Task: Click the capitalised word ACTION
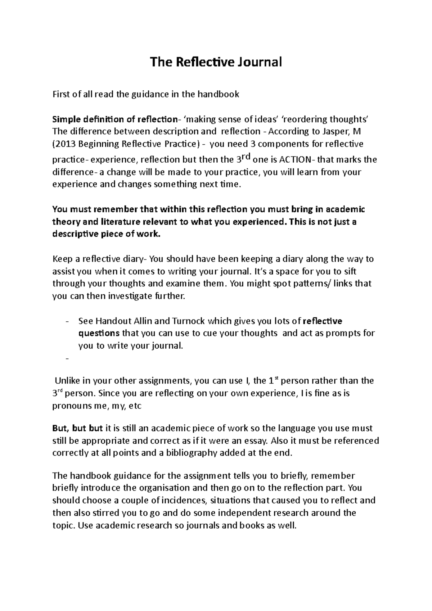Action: (296, 159)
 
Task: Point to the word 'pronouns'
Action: (72, 406)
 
